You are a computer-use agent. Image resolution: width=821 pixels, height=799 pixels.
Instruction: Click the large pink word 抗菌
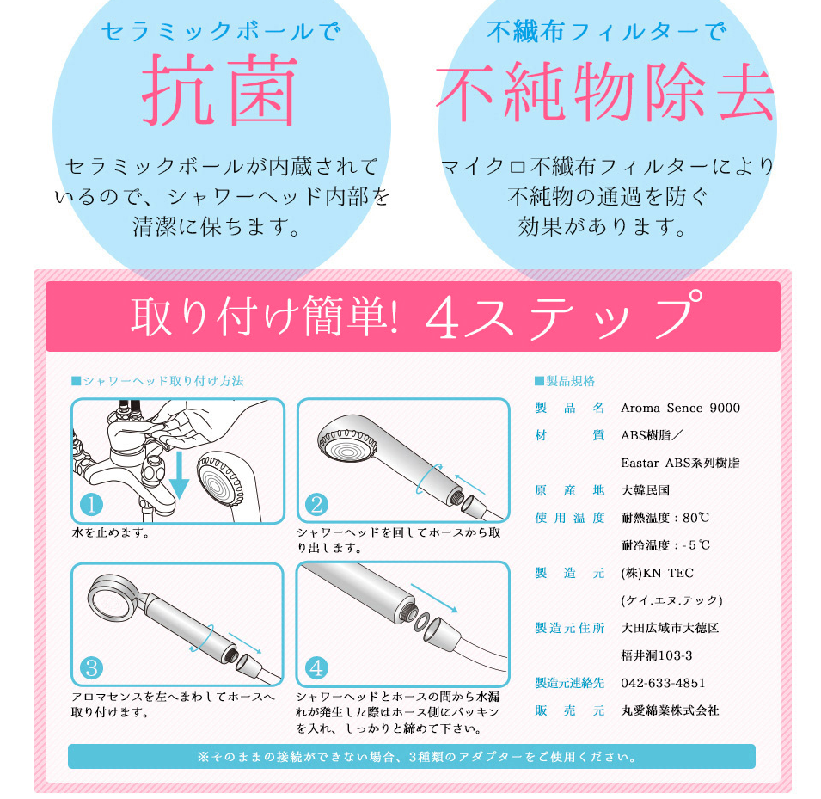220,89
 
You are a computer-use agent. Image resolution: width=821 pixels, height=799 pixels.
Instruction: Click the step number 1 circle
91,505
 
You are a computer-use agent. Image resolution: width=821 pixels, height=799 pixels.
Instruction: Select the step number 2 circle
316,505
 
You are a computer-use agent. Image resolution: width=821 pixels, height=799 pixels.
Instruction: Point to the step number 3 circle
91,668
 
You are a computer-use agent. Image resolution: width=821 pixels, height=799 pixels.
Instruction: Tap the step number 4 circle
316,668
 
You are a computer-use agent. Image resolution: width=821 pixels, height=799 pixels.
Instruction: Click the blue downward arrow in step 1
179,476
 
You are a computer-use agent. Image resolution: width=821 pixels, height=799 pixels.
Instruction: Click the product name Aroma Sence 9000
680,409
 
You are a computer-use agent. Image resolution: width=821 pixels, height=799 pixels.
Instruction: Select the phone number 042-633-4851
663,683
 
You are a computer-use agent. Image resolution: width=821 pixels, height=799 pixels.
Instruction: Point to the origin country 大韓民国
645,490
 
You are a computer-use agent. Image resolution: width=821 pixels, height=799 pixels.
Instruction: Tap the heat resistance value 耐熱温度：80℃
665,518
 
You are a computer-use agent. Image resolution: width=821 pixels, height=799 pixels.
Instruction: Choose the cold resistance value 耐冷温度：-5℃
665,545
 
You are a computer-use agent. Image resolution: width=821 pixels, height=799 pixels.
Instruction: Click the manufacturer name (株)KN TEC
657,573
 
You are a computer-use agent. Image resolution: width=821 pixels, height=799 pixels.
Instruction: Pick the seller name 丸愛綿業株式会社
670,711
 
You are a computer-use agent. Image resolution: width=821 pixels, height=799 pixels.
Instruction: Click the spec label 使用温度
570,518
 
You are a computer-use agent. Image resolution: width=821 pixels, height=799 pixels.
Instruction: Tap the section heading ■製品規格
565,381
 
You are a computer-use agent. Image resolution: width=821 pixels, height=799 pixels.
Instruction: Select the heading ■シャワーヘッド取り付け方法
157,381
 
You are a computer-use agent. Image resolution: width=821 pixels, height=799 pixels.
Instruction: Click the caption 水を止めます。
111,533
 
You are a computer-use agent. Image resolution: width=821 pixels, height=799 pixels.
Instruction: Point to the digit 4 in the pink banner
443,317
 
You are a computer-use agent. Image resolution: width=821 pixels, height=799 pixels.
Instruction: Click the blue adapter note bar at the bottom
412,757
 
